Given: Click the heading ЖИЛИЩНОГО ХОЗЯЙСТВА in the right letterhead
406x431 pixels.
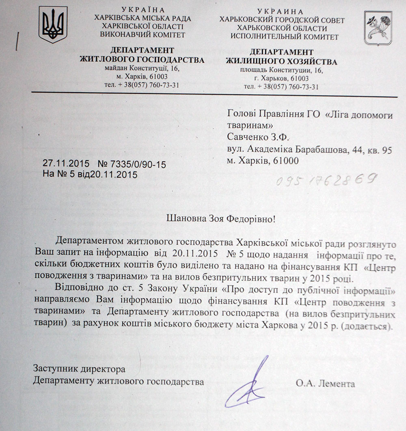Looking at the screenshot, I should click(281, 62).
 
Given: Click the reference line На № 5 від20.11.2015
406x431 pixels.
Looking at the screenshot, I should click(90, 174).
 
